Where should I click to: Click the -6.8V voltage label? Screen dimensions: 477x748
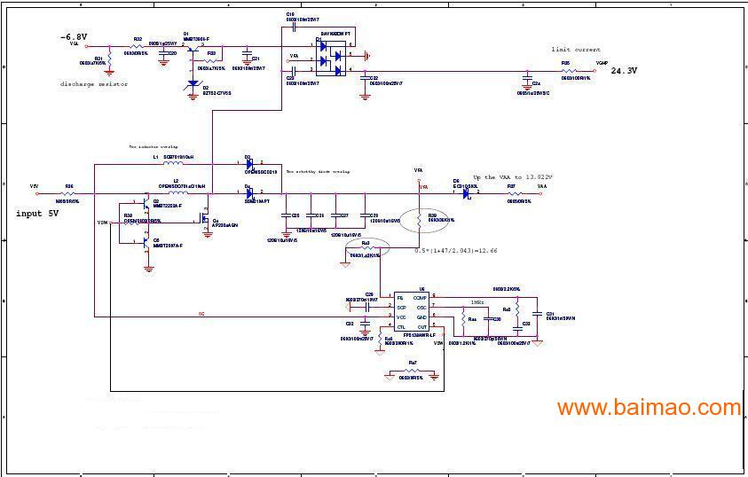coord(73,37)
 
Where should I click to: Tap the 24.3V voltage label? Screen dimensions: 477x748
coord(624,70)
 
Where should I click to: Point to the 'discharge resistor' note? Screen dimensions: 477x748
coord(94,84)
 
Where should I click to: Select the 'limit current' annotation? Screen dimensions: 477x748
coord(575,50)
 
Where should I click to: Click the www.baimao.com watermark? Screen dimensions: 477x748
coord(648,408)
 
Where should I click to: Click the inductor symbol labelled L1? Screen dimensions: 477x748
coord(174,164)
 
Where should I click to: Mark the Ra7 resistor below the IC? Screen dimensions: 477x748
coord(412,371)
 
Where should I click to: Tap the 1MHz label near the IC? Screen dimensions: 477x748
coord(477,302)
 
